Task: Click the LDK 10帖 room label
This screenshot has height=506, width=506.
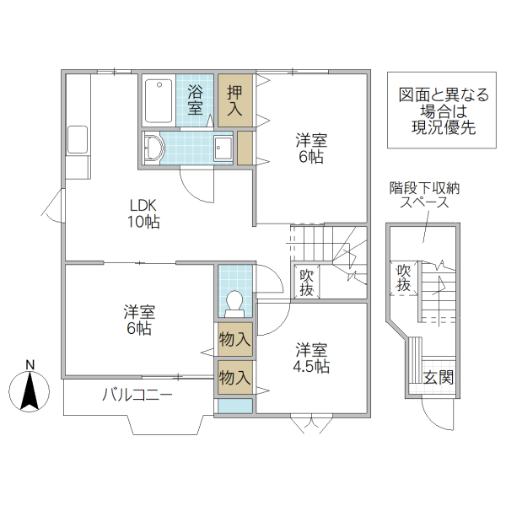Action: pos(144,214)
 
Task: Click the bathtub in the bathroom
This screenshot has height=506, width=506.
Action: pos(158,100)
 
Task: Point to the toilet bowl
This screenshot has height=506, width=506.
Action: pos(234,302)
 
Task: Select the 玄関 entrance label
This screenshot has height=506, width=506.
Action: pos(439,377)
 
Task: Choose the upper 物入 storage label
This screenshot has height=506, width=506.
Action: pos(234,340)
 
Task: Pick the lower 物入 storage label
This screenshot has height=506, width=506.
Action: pos(234,376)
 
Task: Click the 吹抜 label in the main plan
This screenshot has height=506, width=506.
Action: pos(306,282)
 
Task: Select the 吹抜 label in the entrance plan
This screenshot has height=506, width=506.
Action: pos(405,278)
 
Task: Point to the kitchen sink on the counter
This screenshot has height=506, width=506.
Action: pos(78,140)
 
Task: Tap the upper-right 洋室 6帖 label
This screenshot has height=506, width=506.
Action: pos(310,148)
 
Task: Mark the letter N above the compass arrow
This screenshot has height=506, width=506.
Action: pos(30,365)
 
